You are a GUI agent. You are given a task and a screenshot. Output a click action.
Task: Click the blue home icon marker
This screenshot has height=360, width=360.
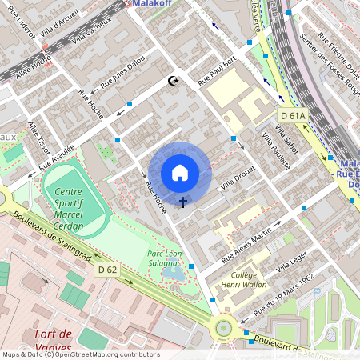coord(180,173)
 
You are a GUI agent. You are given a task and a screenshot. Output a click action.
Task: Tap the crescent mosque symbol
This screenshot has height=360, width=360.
coord(170,81)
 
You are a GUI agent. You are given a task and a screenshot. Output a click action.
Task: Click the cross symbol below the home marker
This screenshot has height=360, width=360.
coord(183,202)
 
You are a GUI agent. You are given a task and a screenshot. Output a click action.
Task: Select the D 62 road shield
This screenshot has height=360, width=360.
coord(108,270)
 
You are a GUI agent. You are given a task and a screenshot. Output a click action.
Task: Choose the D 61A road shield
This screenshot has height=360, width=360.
coord(293,116)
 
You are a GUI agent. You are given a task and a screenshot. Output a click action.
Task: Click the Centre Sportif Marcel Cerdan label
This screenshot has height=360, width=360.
coord(74,205)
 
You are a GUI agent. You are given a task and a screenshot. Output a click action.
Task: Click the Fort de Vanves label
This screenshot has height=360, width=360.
coord(54,340)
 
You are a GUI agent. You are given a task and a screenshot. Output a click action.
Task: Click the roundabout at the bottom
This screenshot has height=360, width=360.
coord(224,326)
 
